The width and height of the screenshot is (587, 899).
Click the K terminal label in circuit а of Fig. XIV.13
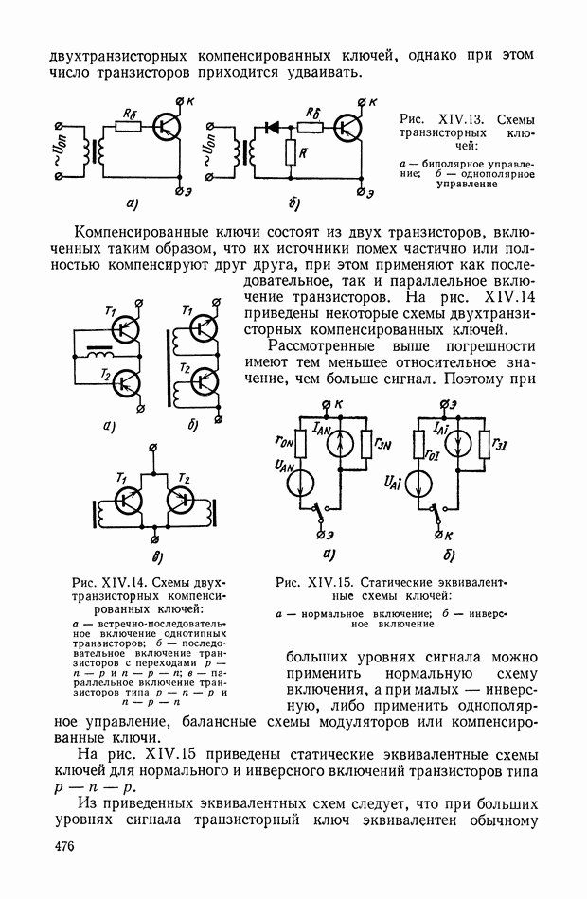point(190,102)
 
